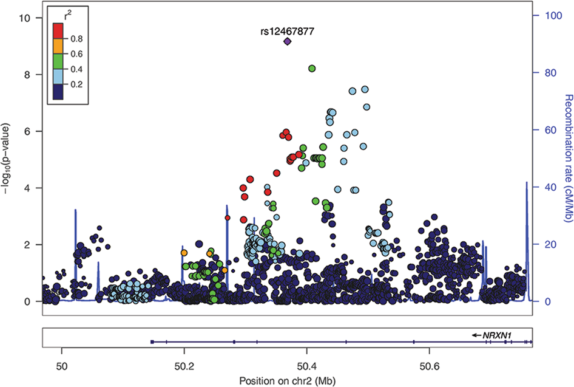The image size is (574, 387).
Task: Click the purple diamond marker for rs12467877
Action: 288,41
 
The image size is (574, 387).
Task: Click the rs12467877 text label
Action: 288,30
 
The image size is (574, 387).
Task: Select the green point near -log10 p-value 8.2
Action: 312,69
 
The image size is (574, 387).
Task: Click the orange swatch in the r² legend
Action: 58,46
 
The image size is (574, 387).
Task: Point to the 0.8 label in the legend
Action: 76,38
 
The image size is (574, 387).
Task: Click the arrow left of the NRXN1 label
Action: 478,334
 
